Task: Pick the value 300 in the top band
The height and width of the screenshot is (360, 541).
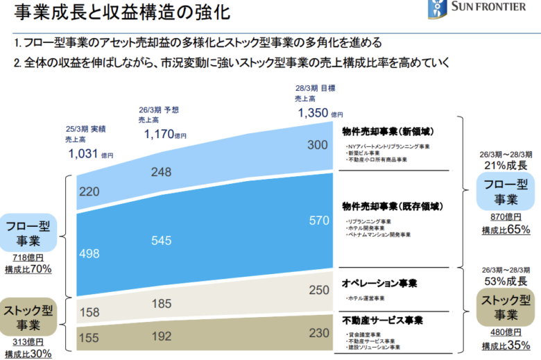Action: click(318, 145)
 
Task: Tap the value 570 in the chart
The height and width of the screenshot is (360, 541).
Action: click(318, 220)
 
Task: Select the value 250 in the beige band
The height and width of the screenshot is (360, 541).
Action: click(318, 290)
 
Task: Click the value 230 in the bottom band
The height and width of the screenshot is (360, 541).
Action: click(318, 333)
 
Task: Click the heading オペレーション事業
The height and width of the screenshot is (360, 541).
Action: click(379, 284)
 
